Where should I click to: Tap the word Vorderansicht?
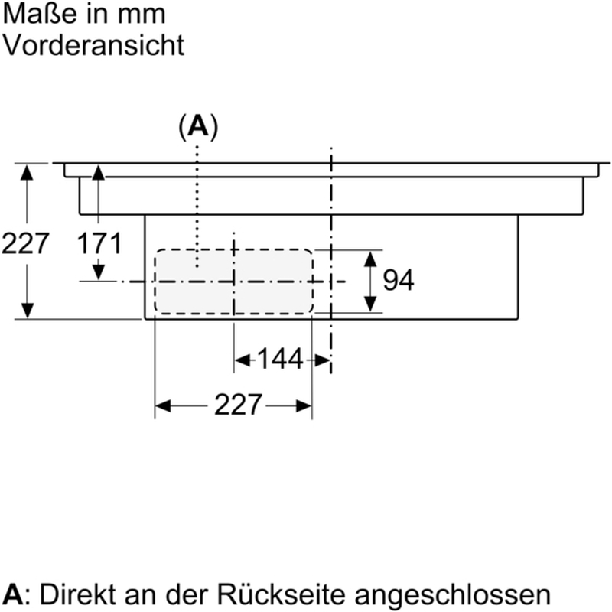click(x=94, y=44)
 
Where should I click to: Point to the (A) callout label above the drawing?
click(x=198, y=127)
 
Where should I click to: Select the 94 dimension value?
click(x=398, y=281)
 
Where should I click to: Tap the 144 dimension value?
click(x=281, y=358)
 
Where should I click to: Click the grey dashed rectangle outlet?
click(x=233, y=281)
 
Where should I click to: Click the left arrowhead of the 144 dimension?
click(x=241, y=358)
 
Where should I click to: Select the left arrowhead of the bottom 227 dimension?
click(x=163, y=405)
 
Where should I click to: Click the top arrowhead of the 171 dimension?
click(x=98, y=172)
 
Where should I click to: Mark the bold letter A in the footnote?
click(x=13, y=594)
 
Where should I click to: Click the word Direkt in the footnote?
click(x=72, y=594)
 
